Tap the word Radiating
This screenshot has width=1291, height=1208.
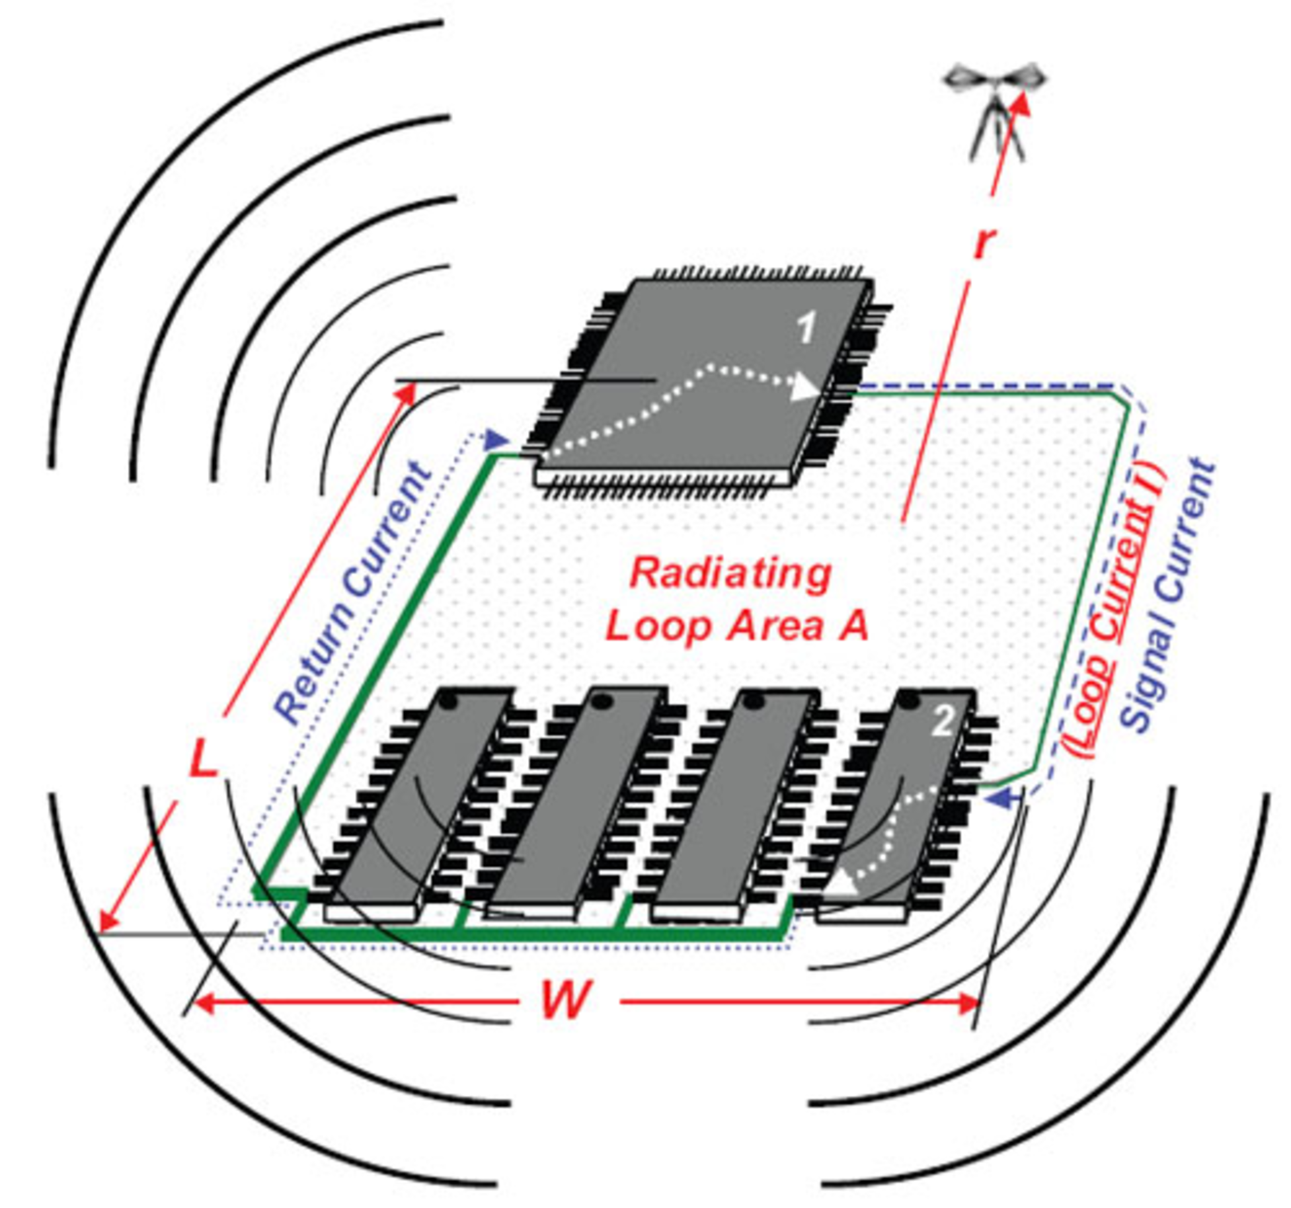pos(730,573)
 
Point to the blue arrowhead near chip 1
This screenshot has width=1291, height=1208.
pos(496,440)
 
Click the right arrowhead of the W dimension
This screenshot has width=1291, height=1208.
pos(968,1004)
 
